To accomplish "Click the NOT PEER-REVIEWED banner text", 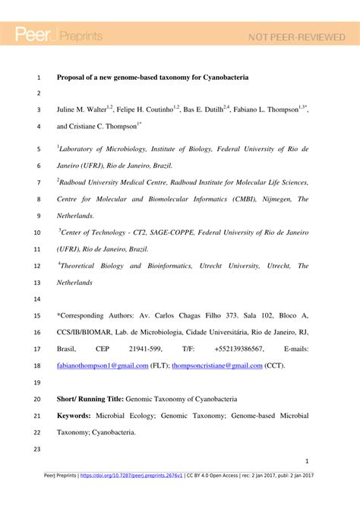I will (x=292, y=36).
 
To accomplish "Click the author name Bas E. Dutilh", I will (x=204, y=110).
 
